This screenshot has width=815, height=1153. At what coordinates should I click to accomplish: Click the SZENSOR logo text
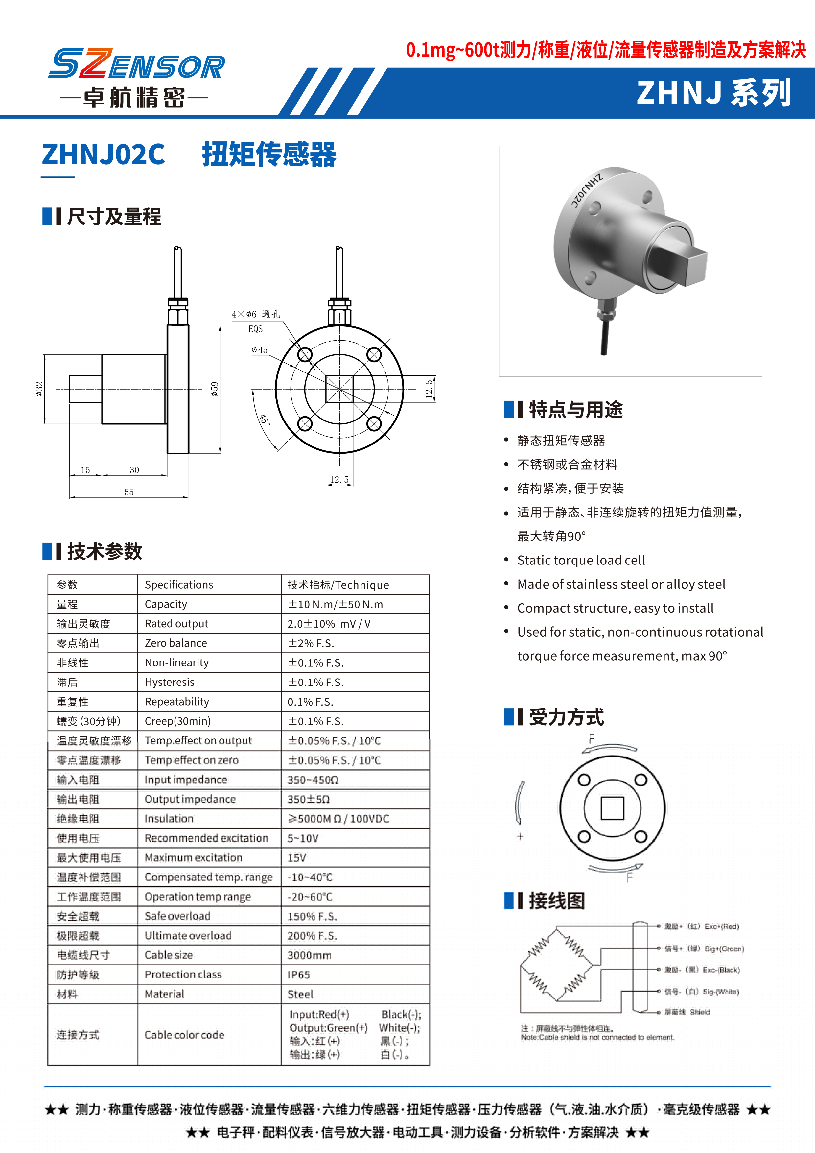tap(136, 64)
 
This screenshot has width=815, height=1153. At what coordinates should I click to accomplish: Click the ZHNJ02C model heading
tap(104, 154)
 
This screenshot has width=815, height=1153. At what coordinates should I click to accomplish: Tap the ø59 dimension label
tap(215, 389)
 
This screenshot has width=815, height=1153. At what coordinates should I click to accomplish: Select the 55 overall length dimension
tap(129, 492)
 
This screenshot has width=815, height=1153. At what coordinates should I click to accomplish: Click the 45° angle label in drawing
tap(265, 419)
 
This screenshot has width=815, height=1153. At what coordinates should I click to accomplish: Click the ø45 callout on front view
tap(260, 350)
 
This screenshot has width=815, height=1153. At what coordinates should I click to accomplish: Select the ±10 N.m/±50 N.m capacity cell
tap(335, 604)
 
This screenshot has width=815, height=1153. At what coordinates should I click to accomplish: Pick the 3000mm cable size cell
tap(310, 955)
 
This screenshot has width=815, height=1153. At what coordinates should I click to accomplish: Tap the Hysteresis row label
tap(170, 682)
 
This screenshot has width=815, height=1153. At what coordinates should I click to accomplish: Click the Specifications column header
tap(179, 585)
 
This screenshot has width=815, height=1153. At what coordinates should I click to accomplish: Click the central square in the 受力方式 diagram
tap(612, 808)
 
